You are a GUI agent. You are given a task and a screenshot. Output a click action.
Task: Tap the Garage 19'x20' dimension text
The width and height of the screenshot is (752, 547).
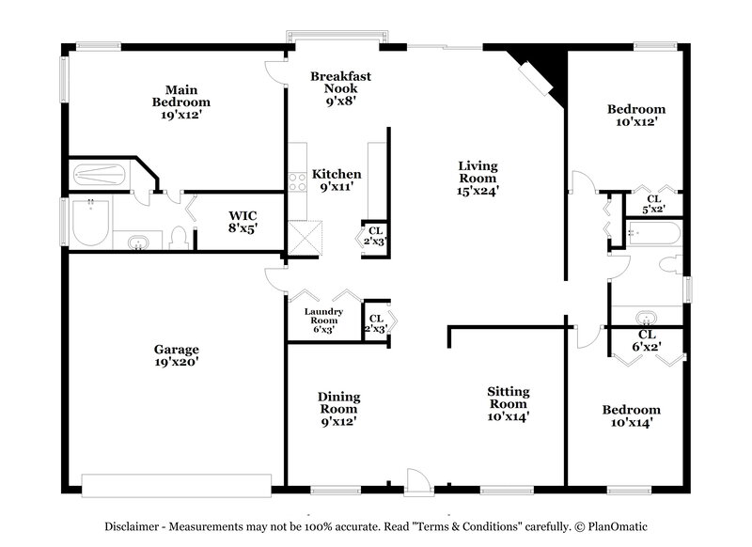[177, 361]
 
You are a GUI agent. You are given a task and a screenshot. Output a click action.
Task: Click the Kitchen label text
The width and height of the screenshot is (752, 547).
[337, 174]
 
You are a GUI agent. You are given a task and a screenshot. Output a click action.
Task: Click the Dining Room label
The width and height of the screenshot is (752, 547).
[338, 402]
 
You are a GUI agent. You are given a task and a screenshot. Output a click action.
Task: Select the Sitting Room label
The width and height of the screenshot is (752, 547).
[509, 398]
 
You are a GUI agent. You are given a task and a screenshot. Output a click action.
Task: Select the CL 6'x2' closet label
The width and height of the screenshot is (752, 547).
[648, 340]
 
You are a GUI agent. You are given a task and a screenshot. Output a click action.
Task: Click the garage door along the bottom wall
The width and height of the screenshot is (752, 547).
[176, 484]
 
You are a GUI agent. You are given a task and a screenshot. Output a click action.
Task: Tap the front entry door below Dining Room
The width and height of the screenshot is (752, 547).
[415, 478]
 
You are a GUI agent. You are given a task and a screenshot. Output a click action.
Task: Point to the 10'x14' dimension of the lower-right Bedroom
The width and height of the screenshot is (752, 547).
[631, 423]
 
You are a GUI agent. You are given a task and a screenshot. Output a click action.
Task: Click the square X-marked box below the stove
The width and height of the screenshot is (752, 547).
[304, 235]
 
